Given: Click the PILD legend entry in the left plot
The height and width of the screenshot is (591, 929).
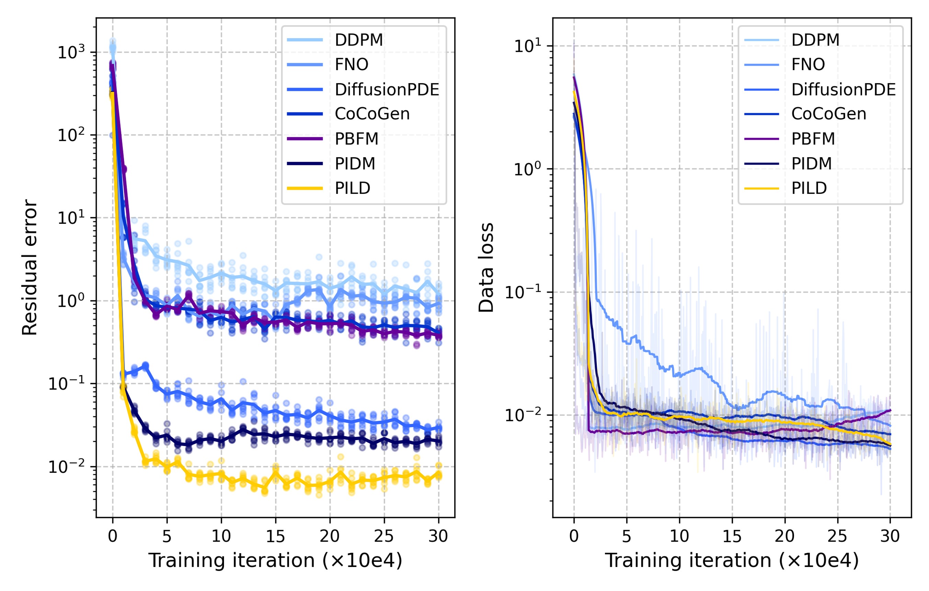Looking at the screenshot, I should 352,188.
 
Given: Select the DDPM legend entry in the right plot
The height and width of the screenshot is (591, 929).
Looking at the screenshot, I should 815,40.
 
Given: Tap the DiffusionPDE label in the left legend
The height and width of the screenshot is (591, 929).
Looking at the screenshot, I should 387,89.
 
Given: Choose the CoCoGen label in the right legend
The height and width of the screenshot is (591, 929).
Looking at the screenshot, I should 829,114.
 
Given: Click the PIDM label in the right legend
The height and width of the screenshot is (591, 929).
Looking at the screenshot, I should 812,164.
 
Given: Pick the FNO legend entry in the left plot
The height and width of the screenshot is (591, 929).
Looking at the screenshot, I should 351,65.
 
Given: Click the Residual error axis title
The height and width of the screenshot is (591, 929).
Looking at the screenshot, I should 30,267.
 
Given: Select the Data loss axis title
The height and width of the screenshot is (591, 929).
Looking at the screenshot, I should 486,267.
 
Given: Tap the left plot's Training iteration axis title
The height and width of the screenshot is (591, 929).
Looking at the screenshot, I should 275,560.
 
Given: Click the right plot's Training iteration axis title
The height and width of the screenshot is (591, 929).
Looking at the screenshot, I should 731,560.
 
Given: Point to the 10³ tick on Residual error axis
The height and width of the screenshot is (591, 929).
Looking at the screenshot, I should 71,52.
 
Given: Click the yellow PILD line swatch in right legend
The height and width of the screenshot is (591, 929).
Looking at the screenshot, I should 761,188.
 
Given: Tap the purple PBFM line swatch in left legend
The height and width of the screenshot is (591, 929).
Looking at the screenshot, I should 305,139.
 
